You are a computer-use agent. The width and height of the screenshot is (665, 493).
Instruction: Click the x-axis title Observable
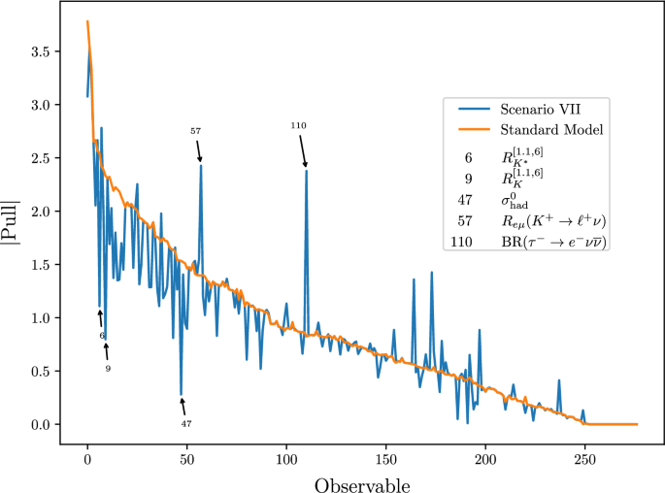pyautogui.click(x=361, y=482)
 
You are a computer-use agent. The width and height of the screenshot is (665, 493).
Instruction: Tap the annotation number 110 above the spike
pyautogui.click(x=299, y=126)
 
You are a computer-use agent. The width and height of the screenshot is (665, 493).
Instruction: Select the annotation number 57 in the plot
pyautogui.click(x=195, y=130)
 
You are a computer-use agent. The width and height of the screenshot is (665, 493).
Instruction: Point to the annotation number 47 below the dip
pyautogui.click(x=186, y=423)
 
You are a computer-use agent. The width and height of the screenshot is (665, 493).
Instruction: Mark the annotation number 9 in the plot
pyautogui.click(x=108, y=369)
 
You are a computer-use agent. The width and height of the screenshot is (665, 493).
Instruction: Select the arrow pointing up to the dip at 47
pyautogui.click(x=183, y=407)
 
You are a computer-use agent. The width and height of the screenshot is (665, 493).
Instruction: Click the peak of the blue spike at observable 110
pyautogui.click(x=307, y=171)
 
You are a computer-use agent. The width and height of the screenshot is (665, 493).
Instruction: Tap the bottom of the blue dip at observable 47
pyautogui.click(x=182, y=395)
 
